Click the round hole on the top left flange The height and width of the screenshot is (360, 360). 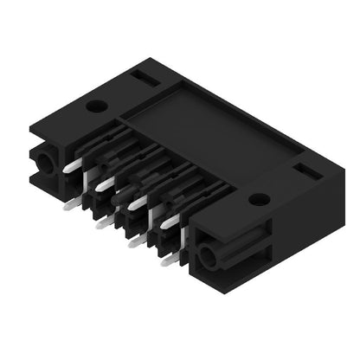point(97,107)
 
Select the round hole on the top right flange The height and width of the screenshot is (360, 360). point(256,198)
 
